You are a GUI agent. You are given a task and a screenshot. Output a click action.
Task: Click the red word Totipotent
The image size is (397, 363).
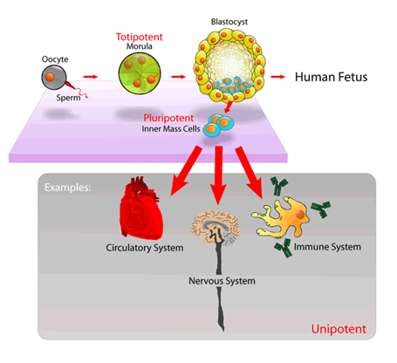coord(140,38)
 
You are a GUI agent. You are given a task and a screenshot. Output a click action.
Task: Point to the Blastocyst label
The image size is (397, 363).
coord(225,16)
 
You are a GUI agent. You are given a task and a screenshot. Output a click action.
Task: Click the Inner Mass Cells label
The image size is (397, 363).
coord(175,130)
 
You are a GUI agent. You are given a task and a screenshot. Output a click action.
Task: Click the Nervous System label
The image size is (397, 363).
coord(220,282)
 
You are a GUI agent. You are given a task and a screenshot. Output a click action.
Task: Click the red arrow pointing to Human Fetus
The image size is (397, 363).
coord(278,77)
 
